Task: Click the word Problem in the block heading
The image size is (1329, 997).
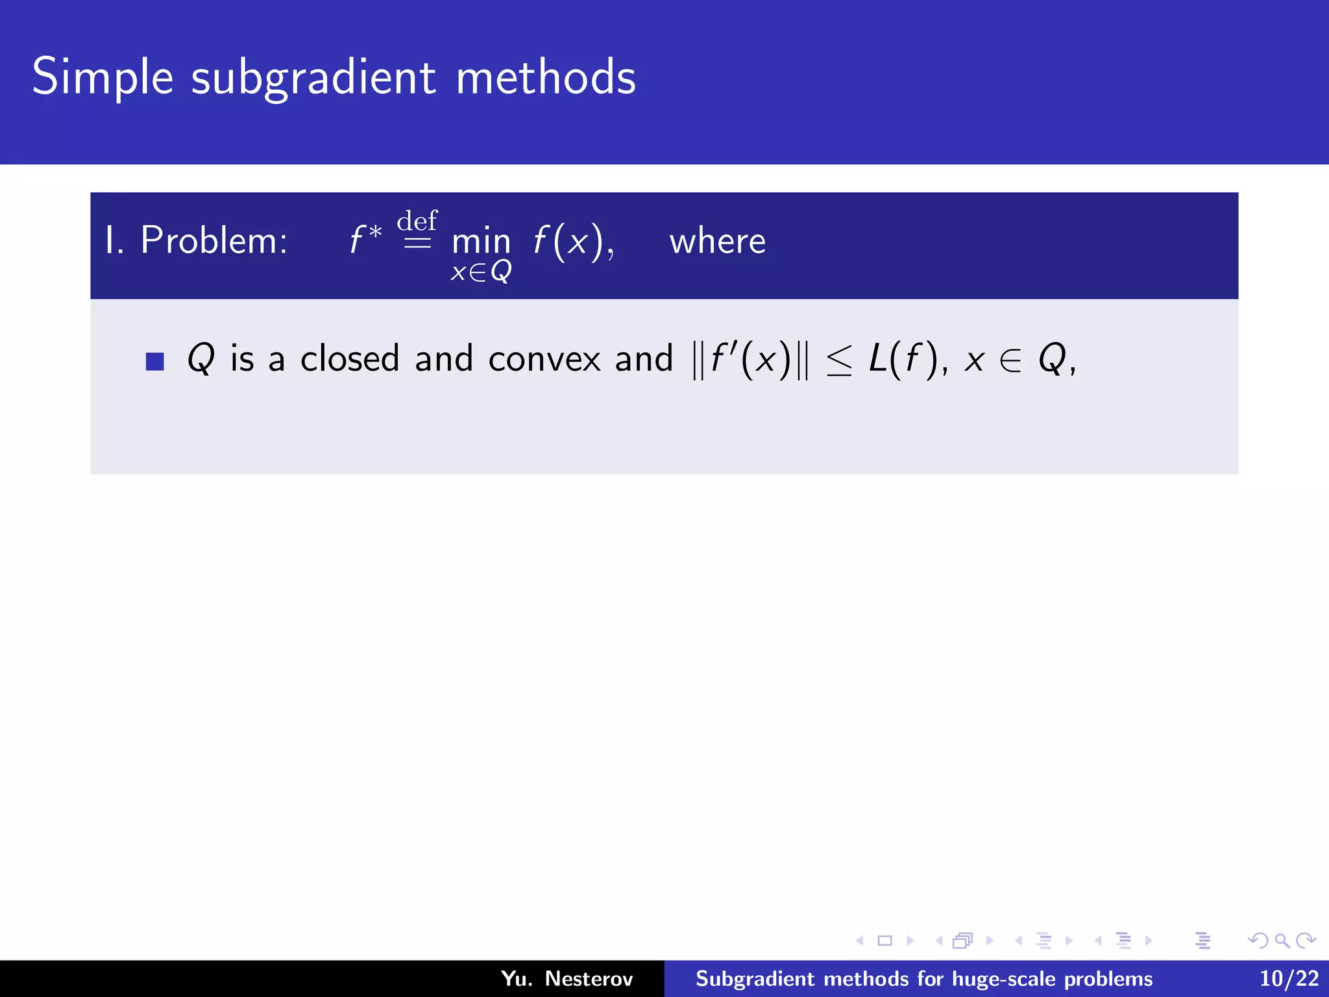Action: (213, 240)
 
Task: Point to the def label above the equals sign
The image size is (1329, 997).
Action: (417, 221)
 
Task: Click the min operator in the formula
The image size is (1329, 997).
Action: (481, 241)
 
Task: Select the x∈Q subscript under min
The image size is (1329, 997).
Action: (481, 271)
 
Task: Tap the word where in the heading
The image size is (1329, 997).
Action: (717, 241)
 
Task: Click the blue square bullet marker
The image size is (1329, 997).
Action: (155, 362)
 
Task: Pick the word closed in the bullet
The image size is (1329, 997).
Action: (350, 358)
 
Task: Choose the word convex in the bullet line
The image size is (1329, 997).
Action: (544, 360)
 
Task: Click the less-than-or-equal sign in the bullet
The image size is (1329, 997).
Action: (839, 362)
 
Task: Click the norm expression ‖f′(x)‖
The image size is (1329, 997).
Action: (751, 359)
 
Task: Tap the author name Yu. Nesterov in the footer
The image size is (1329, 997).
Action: (567, 978)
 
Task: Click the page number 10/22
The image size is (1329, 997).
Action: (1289, 978)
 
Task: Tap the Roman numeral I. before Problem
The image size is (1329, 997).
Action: (114, 240)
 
